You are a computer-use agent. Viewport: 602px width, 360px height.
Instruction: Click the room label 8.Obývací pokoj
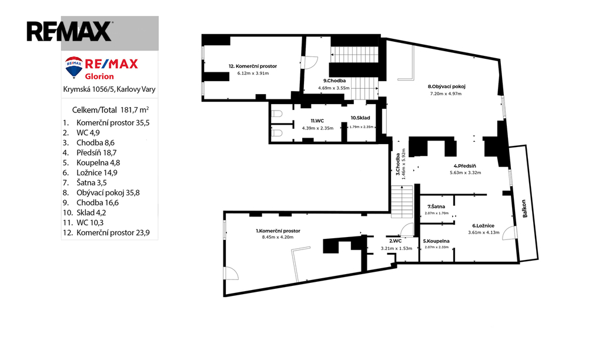coord(447,86)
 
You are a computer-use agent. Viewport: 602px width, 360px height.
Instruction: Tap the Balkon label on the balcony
coord(524,208)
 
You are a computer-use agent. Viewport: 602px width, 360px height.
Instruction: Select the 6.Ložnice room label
coord(483,226)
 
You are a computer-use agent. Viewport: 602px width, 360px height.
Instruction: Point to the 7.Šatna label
coord(436,206)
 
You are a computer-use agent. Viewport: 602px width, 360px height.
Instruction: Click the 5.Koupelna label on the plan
coord(436,241)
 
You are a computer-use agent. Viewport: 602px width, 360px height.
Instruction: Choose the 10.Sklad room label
coord(360,118)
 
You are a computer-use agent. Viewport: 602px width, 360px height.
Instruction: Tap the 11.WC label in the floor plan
coord(317,121)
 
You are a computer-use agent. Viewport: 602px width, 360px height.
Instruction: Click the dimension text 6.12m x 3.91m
coord(253,73)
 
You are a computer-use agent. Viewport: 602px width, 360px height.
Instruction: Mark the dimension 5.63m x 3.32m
coord(466,172)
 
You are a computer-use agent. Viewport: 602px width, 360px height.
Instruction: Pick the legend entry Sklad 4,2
coord(85,212)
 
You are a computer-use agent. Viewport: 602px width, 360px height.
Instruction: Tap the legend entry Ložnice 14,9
coord(90,172)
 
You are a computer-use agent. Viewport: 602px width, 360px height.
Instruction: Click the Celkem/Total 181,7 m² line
coord(111,110)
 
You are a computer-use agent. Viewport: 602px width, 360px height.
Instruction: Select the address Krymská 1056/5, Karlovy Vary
coord(109,89)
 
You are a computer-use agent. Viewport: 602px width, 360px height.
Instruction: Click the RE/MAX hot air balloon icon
coord(74,67)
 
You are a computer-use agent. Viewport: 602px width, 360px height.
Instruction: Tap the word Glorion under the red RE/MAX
coord(99,76)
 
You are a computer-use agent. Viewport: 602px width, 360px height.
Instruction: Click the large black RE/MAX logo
coord(69,31)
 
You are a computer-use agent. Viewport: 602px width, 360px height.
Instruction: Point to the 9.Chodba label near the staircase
coord(335,81)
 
